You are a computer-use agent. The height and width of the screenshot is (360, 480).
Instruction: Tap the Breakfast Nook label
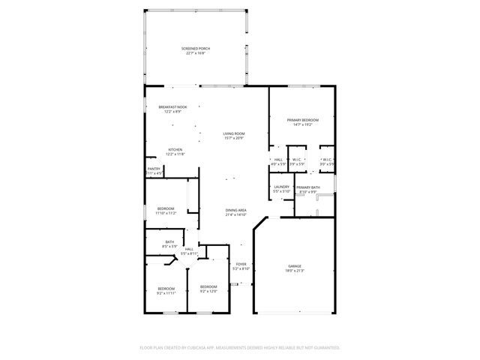tap(172, 107)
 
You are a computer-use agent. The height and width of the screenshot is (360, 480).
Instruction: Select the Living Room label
tap(233, 133)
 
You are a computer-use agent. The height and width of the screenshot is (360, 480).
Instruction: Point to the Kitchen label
tap(175, 148)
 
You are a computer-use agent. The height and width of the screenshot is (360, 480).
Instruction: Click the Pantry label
tap(154, 169)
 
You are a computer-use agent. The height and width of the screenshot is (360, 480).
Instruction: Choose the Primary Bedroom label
tap(303, 120)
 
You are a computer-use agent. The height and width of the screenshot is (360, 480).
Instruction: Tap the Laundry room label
tap(281, 187)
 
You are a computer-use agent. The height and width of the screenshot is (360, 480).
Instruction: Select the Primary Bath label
tap(307, 187)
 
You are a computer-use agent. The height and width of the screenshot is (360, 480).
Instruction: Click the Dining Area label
tap(236, 210)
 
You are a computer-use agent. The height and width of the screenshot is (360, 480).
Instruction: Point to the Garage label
tap(295, 265)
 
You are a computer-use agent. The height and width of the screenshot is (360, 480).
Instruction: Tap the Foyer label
tap(241, 264)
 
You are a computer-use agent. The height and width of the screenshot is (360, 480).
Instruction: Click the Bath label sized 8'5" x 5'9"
tap(169, 241)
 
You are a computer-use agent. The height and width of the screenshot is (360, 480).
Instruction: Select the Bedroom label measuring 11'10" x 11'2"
tap(165, 208)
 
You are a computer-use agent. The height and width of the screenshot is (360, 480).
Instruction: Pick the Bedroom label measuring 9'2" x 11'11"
tap(166, 289)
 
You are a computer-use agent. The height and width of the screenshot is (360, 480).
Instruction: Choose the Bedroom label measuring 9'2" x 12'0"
tap(208, 286)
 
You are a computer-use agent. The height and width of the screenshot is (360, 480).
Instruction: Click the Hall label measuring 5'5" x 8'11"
tap(189, 249)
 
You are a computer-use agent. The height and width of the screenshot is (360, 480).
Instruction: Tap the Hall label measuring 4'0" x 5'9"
tap(277, 159)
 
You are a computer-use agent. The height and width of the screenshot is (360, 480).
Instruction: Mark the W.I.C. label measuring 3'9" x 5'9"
tap(296, 159)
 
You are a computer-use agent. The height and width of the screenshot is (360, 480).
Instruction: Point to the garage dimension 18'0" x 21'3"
tap(295, 271)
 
